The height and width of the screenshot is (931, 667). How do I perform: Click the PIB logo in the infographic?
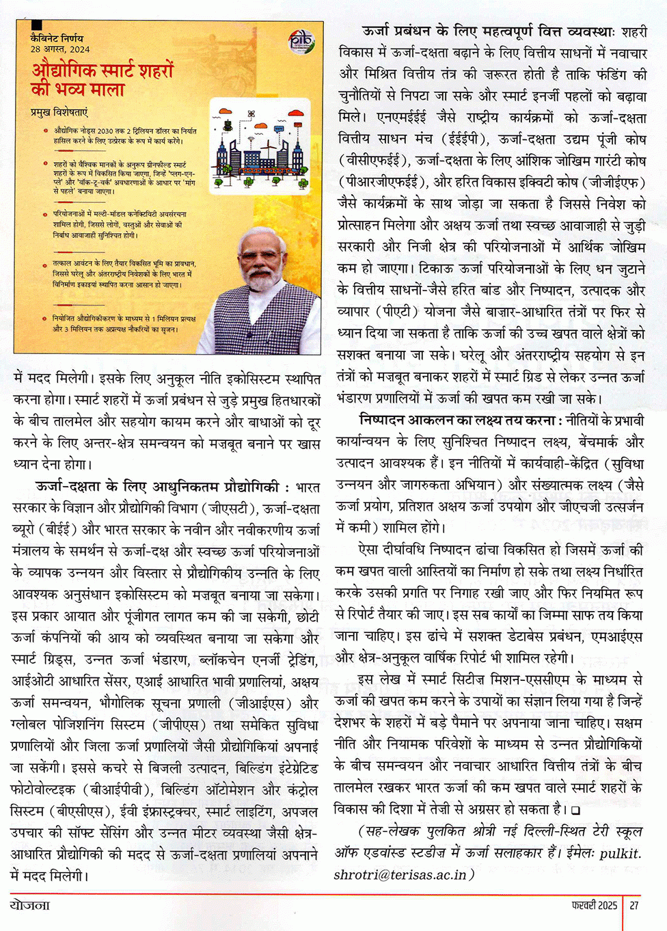point(301,42)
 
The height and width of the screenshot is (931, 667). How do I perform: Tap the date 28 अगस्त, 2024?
point(59,49)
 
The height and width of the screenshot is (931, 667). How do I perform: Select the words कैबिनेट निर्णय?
point(57,38)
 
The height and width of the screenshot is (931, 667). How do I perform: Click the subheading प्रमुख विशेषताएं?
point(59,112)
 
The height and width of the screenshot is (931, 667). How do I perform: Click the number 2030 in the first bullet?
point(105,131)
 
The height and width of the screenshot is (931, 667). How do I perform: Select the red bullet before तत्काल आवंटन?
point(46,263)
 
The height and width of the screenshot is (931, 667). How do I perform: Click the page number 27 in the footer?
point(634,905)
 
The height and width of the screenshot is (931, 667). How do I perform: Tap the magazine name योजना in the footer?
point(30,905)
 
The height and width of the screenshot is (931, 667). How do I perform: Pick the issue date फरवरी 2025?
point(594,905)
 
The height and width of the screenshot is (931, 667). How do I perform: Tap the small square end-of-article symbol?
point(575,811)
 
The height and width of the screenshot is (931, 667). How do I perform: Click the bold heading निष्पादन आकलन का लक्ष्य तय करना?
point(457,420)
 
